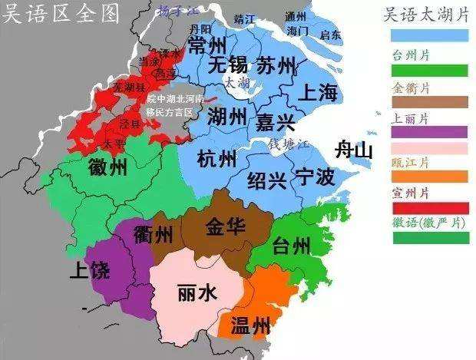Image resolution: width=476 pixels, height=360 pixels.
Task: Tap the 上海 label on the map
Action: (318, 94)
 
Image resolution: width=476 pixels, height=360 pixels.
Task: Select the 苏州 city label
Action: (276, 66)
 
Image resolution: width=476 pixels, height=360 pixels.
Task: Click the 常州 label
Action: (207, 45)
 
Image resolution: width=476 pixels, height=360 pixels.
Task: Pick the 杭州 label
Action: (217, 160)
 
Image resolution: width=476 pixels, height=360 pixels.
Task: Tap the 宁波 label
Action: (315, 177)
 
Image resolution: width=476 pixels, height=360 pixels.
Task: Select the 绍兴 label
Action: (266, 181)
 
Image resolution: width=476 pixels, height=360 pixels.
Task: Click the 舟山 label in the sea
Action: (353, 150)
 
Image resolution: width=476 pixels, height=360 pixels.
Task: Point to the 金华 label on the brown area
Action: (226, 226)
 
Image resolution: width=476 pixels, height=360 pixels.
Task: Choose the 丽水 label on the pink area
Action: (197, 292)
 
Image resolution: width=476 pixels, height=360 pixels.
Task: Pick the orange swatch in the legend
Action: (430, 177)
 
